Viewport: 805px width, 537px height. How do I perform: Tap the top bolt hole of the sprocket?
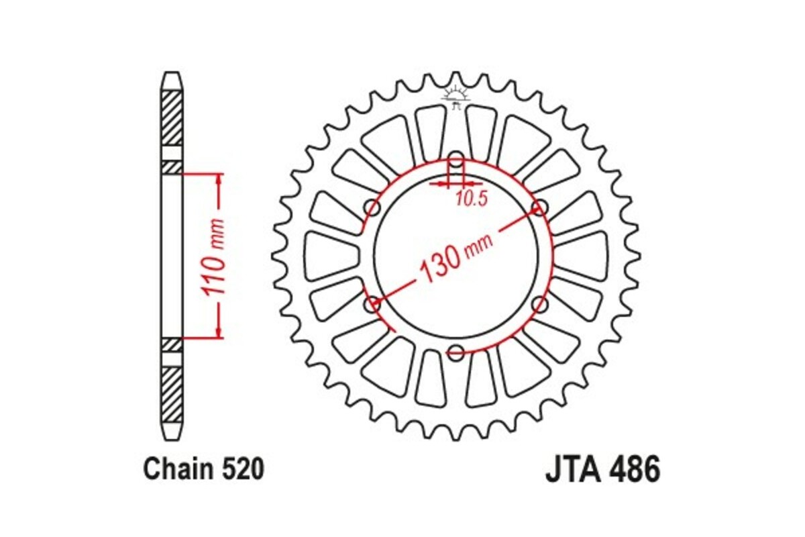point(455,161)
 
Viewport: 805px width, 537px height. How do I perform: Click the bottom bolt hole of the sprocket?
point(455,351)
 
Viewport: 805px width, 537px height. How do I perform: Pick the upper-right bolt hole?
point(539,208)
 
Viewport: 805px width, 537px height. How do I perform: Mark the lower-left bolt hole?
point(372,305)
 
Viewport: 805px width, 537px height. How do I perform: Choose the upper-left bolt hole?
point(372,208)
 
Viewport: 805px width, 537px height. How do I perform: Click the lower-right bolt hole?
point(539,305)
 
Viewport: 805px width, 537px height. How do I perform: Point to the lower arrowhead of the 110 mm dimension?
point(219,332)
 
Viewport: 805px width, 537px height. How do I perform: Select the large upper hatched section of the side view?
point(172,117)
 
